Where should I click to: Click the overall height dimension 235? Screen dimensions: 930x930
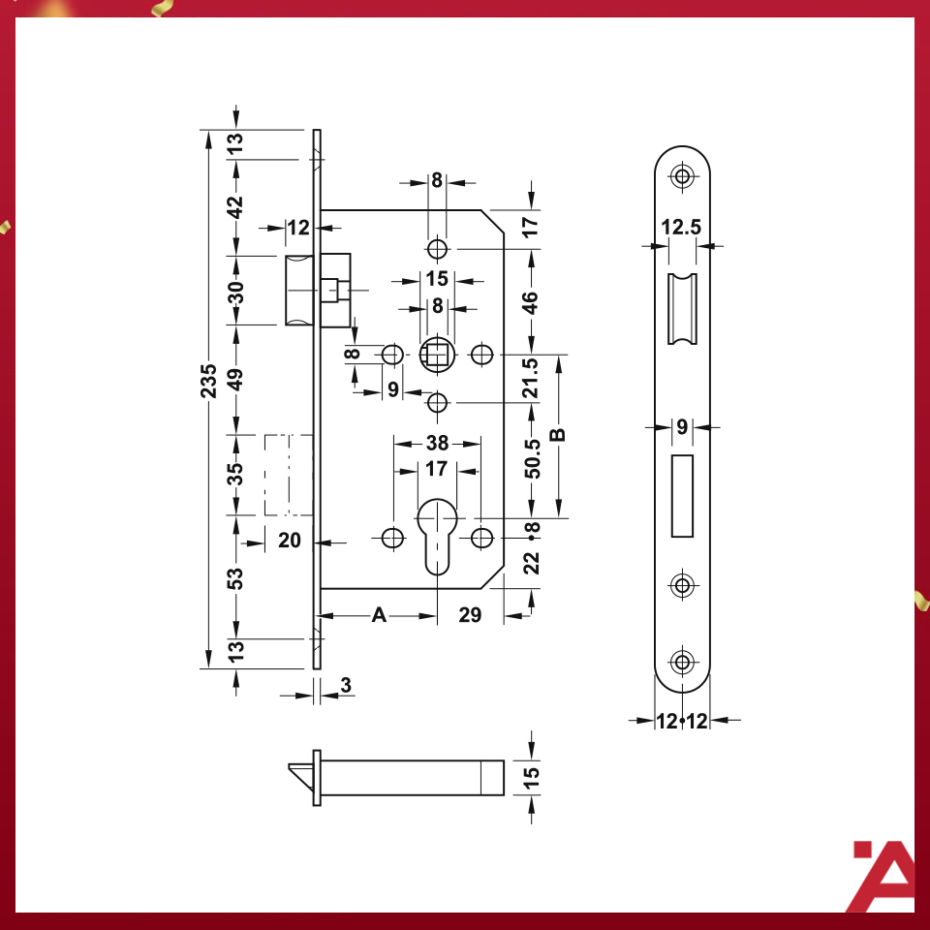[x=207, y=382]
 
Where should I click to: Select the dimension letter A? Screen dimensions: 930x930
[x=379, y=615]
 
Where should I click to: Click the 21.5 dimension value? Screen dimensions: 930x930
[x=531, y=378]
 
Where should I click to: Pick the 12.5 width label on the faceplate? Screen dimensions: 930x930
[x=681, y=228]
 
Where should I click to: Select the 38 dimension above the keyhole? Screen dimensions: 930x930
[x=437, y=444]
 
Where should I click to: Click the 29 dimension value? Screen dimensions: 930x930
[x=470, y=615]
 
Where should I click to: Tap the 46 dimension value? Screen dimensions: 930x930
[x=531, y=302]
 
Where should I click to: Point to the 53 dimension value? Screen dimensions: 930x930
[x=235, y=578]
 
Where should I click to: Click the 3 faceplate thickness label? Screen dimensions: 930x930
[x=346, y=685]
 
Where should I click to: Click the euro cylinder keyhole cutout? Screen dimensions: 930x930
[x=437, y=535]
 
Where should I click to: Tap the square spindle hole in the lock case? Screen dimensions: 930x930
[x=437, y=355]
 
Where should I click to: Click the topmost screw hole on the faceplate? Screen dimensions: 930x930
[x=684, y=176]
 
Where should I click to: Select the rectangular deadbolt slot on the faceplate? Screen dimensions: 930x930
[x=683, y=495]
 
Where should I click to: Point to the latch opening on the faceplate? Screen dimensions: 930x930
[x=682, y=310]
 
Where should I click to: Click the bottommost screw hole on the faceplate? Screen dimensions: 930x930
[x=684, y=663]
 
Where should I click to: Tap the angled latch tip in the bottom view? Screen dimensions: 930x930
[x=300, y=775]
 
